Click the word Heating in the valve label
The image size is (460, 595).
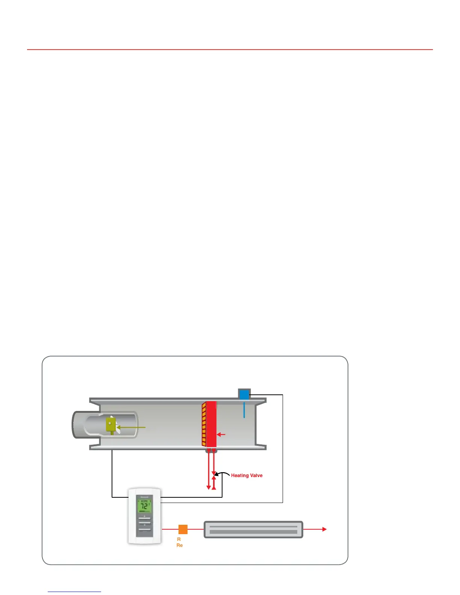pos(240,476)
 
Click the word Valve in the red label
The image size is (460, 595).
pos(256,476)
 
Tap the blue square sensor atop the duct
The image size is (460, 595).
pos(244,394)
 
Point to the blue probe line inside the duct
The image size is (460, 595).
pos(244,410)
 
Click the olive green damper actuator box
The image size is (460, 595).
pos(111,424)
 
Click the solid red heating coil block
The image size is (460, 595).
pos(212,424)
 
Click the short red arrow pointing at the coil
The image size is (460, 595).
pos(221,435)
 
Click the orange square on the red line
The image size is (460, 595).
pos(183,529)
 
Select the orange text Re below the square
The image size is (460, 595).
pos(180,545)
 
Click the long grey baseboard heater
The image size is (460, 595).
pos(253,529)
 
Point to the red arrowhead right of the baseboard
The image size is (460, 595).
pos(324,529)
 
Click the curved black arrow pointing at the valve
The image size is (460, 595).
pos(222,474)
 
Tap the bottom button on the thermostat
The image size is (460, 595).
pos(145,530)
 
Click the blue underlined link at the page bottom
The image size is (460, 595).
pos(74,592)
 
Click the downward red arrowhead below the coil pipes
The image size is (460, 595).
pos(209,488)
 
